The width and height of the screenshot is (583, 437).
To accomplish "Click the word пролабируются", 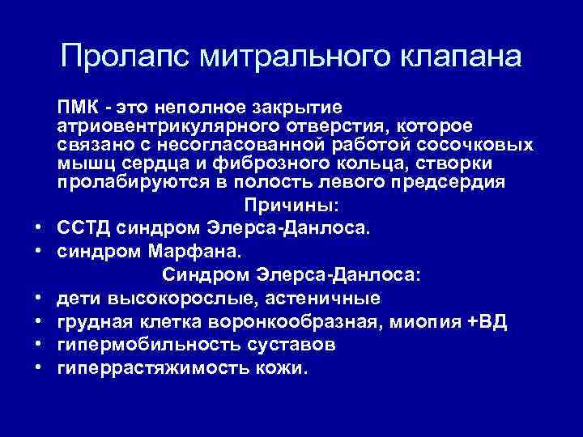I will point(134,182).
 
